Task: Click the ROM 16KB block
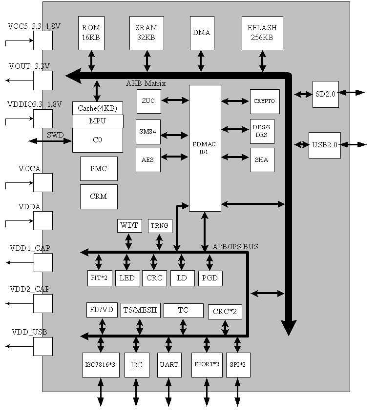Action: [91, 33]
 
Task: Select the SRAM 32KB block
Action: [147, 33]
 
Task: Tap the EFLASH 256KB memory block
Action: [262, 33]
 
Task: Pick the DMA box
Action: [201, 33]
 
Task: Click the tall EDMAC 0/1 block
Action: [205, 148]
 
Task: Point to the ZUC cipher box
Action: [148, 101]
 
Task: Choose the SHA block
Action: [262, 160]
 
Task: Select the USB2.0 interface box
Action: [325, 145]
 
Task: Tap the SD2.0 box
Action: [326, 94]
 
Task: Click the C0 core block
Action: [98, 140]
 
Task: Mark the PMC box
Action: [99, 169]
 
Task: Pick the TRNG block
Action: [160, 226]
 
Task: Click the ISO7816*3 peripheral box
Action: [101, 365]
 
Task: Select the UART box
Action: [169, 365]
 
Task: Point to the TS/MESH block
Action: [141, 310]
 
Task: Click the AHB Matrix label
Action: [146, 83]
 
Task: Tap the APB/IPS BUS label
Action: [235, 247]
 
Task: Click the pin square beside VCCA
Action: [43, 182]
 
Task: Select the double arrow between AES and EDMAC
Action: [175, 157]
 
